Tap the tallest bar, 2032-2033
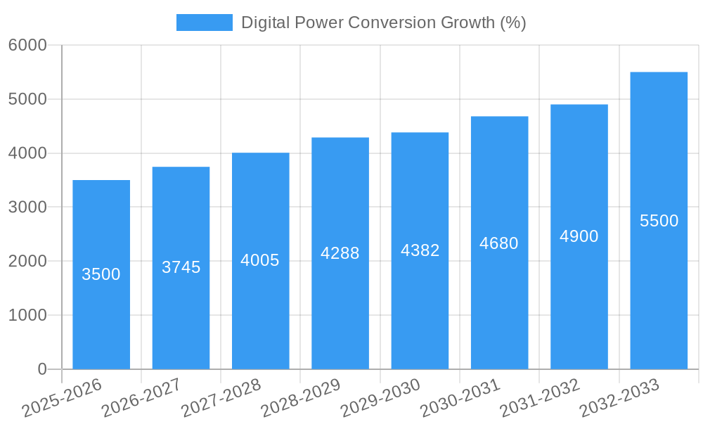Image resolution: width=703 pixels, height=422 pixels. pos(659,295)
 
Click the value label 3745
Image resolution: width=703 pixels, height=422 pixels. pos(181,267)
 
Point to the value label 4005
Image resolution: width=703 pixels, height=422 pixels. pos(260,260)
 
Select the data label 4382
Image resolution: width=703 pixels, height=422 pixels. pos(420,250)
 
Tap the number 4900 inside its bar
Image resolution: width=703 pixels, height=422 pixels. pos(579,236)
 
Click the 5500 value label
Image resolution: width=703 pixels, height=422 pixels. pos(659,221)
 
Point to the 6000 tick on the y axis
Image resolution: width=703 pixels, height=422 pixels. pos(27,46)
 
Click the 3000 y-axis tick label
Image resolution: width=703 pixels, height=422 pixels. pos(27,207)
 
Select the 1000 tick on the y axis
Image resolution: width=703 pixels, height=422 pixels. pos(27,316)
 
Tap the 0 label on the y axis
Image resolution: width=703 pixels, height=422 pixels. pos(41,369)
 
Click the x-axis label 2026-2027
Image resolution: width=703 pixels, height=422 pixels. pos(141,398)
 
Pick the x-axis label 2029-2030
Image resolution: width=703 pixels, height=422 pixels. pos(380,398)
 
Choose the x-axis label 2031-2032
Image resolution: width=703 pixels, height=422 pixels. pos(540,398)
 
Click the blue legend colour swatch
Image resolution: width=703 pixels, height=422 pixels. pos(204,23)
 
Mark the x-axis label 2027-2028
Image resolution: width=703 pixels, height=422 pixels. pos(221,398)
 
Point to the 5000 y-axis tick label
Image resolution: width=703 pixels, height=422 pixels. pos(27,100)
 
